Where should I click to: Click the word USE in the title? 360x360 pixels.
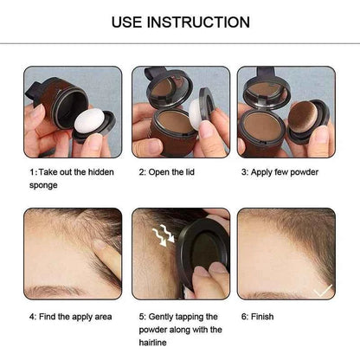[x=131, y=22]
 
